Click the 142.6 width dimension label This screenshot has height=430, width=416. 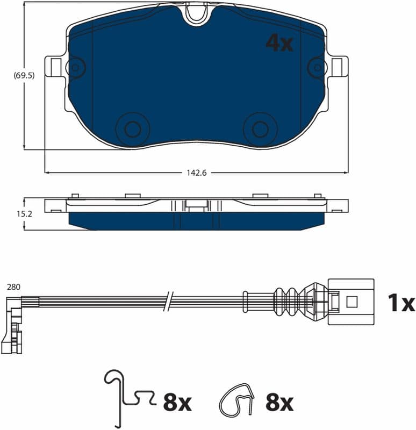196,173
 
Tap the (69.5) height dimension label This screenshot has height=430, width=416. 24,75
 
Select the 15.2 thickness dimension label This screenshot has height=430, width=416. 24,213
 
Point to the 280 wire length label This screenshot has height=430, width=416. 14,287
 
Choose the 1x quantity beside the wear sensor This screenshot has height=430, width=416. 401,303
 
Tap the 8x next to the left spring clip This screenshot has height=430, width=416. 177,402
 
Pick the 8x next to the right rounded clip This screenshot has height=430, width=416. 279,402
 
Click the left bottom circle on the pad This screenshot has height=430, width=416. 133,129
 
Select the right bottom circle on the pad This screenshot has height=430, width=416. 260,129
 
